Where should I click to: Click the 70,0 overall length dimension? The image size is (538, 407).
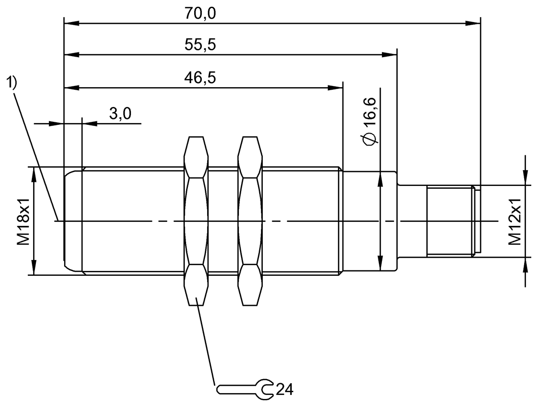click(200, 13)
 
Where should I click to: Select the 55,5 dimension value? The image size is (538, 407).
click(200, 44)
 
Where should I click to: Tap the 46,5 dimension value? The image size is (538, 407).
click(200, 78)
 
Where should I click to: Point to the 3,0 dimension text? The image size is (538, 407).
click(120, 113)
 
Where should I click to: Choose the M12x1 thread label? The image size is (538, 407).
click(515, 222)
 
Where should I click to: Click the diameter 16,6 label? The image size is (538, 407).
click(370, 122)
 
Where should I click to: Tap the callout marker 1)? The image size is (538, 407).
click(11, 82)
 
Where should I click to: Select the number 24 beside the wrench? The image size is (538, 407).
click(285, 389)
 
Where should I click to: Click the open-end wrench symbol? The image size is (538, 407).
click(245, 390)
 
